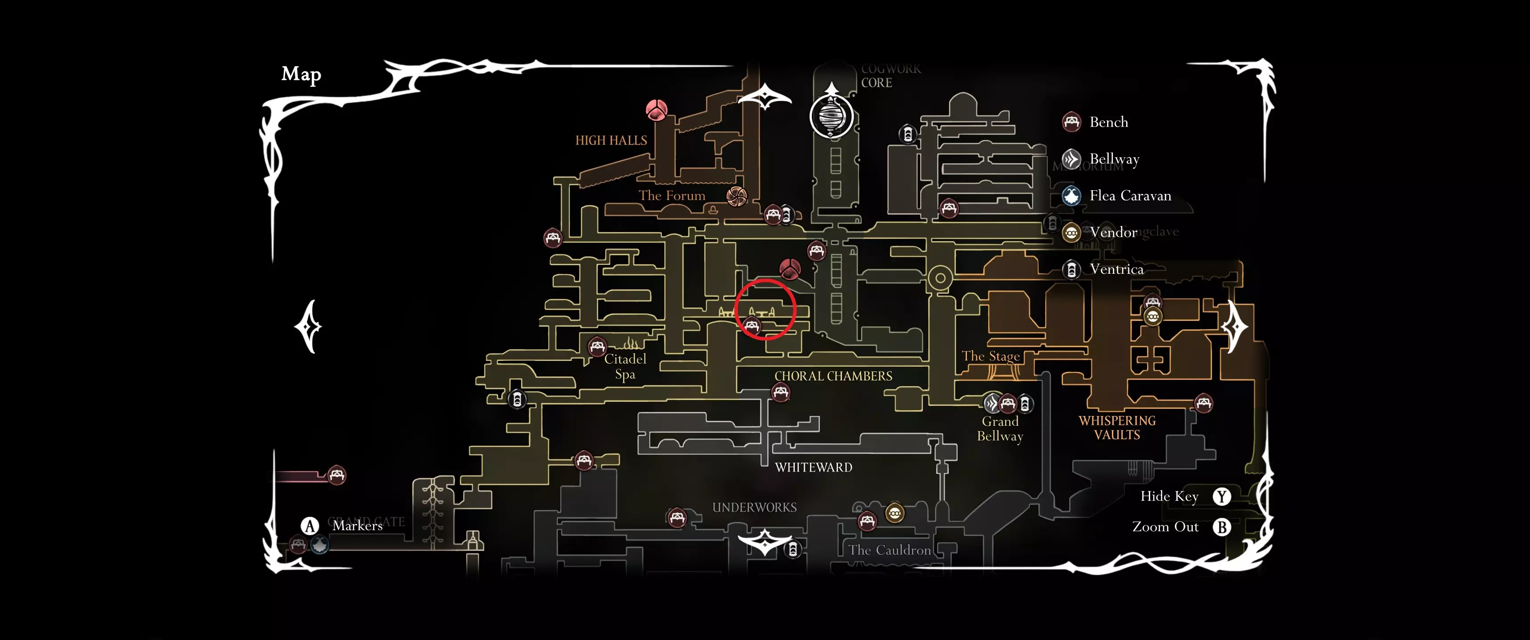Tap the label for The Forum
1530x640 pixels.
pyautogui.click(x=672, y=195)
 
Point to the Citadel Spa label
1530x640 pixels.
pyautogui.click(x=625, y=366)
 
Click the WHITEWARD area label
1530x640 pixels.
pyautogui.click(x=813, y=467)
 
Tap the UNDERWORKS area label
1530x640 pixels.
pyautogui.click(x=754, y=508)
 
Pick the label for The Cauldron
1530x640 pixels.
pyautogui.click(x=889, y=550)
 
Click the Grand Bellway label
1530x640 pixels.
pyautogui.click(x=1000, y=428)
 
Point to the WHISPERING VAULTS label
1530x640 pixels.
pyautogui.click(x=1117, y=428)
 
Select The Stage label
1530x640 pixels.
pyautogui.click(x=990, y=356)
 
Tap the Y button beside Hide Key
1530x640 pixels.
pyautogui.click(x=1221, y=496)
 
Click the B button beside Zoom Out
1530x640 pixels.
pyautogui.click(x=1221, y=527)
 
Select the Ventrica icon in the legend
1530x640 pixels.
pyautogui.click(x=1071, y=269)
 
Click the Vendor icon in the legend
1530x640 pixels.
pyautogui.click(x=1071, y=233)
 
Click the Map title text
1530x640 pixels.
pyautogui.click(x=301, y=74)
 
